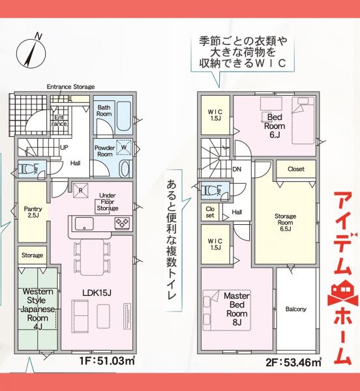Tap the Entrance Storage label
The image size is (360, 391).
[71, 87]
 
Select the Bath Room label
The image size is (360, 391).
[104, 110]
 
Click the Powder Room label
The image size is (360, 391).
[104, 151]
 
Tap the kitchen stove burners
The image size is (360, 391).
[121, 224]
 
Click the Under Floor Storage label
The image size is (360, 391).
[108, 201]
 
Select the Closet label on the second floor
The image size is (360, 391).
[295, 169]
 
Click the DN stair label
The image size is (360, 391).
[237, 169]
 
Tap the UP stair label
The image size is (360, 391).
[65, 147]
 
